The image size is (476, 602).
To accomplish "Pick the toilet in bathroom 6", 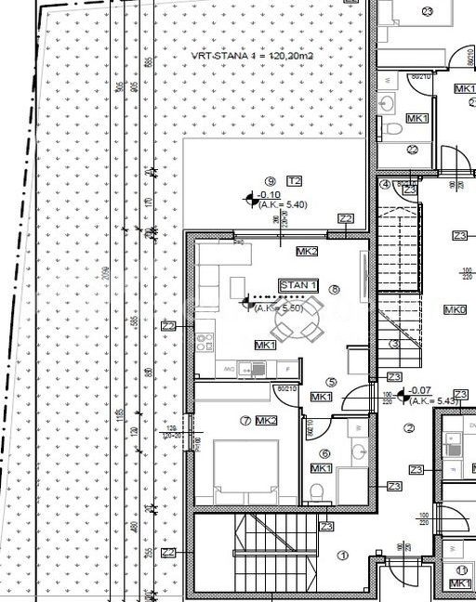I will pyautogui.click(x=317, y=491).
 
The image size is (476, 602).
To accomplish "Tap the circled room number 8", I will pyautogui.click(x=334, y=289).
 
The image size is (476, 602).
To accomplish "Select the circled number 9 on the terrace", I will pyautogui.click(x=271, y=181).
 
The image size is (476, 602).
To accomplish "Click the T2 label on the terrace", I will pyautogui.click(x=295, y=180).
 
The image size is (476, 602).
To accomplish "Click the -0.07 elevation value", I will pyautogui.click(x=421, y=391).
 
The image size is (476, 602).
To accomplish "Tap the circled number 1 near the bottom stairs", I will pyautogui.click(x=343, y=556).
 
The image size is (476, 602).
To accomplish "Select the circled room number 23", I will pyautogui.click(x=428, y=11).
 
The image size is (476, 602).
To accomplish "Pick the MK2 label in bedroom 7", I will pyautogui.click(x=267, y=421).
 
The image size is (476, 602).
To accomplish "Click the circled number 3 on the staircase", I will pyautogui.click(x=393, y=344).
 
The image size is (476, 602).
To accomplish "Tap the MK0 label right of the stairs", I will pyautogui.click(x=455, y=310).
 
